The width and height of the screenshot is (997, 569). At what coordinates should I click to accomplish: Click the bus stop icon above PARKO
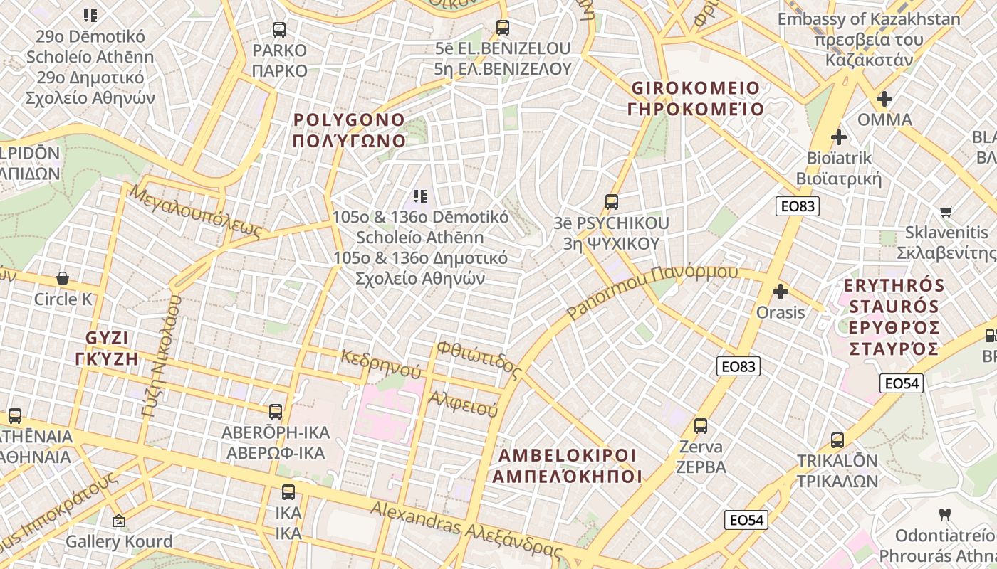click(279, 30)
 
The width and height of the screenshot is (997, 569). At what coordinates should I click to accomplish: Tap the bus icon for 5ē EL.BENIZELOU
click(503, 28)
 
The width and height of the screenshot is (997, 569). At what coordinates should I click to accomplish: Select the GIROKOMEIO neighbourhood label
click(696, 99)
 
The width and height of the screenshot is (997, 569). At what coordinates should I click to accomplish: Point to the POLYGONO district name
click(349, 130)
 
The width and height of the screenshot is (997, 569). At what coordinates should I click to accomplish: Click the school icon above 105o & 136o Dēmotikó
click(420, 196)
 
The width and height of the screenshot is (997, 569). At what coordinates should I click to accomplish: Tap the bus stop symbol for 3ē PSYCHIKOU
click(612, 202)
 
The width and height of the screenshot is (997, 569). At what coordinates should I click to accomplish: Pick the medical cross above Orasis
click(781, 292)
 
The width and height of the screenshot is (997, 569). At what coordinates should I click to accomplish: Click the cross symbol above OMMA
click(884, 99)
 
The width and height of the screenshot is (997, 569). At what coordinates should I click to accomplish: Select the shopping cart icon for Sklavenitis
click(946, 211)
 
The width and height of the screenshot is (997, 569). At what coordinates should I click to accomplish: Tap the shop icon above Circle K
click(63, 278)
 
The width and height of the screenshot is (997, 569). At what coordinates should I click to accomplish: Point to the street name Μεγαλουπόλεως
click(197, 211)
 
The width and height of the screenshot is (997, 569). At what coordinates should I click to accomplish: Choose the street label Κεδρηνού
click(381, 363)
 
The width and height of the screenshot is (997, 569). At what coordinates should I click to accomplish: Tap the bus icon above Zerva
click(701, 426)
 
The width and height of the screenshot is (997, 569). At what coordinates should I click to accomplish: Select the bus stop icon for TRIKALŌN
click(837, 440)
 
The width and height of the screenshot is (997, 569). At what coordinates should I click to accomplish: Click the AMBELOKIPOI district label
click(567, 466)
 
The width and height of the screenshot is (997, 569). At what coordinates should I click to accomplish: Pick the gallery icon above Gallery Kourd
click(119, 521)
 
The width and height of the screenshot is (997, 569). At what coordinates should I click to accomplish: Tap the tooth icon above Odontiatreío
click(945, 514)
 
